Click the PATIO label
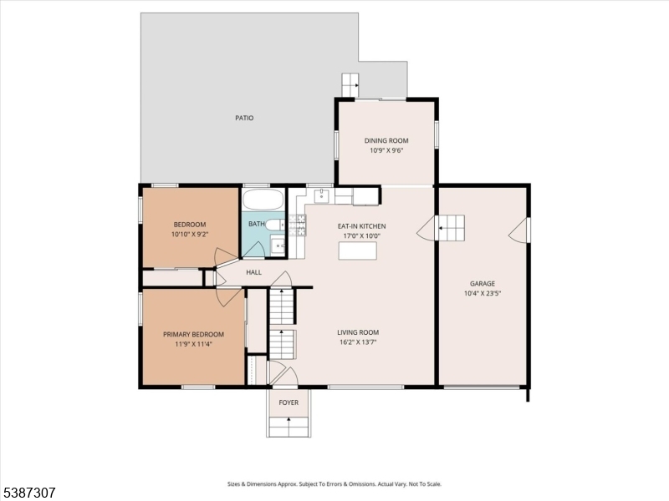click(x=244, y=118)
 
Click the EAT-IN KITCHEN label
click(x=361, y=225)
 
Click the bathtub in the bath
click(x=263, y=200)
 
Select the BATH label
click(x=256, y=224)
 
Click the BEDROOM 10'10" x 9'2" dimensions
click(x=189, y=235)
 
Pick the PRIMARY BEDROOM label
click(x=193, y=334)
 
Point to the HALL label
click(x=253, y=272)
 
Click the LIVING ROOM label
click(x=358, y=331)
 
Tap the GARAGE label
click(x=483, y=283)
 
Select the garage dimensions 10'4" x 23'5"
click(x=483, y=294)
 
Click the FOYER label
click(x=289, y=402)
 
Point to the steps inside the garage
click(x=452, y=227)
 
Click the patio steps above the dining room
click(x=350, y=84)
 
